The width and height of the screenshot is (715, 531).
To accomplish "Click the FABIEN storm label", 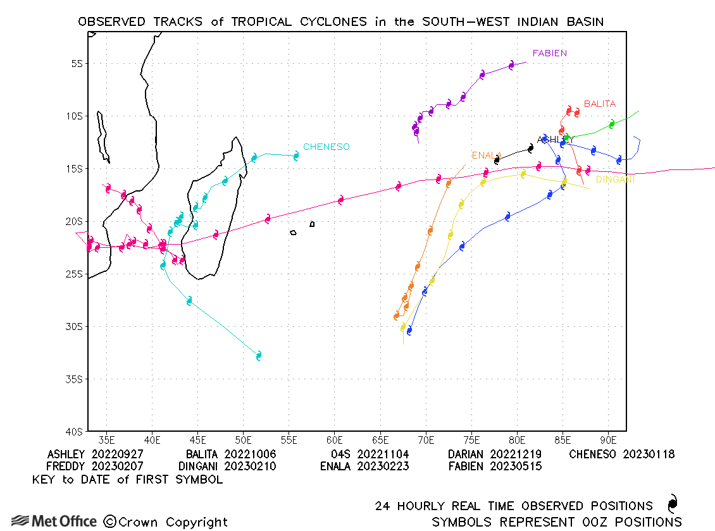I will [x=549, y=53].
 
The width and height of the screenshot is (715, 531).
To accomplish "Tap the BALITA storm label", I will [x=599, y=104].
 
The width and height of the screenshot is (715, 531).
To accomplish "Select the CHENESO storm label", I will [x=326, y=147].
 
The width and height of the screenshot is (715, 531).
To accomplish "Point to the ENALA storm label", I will [x=486, y=156].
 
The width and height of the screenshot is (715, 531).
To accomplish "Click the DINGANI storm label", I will [x=615, y=180].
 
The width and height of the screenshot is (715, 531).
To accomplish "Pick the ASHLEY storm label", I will [x=555, y=140].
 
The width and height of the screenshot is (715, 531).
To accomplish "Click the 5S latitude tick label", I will [x=77, y=63].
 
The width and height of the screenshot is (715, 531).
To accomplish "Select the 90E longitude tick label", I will [x=608, y=440].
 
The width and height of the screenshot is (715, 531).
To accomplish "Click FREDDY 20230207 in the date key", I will [x=95, y=467].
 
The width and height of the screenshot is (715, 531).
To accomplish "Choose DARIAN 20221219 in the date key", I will [x=494, y=454].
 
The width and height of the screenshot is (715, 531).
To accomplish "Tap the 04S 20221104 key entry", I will [x=370, y=454].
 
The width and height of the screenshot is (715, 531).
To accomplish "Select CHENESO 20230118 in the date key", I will [x=621, y=454].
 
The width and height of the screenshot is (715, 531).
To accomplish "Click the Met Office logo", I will [x=54, y=522].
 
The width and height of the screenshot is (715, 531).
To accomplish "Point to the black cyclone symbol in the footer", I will [x=672, y=504].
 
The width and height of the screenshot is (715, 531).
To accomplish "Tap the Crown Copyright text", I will [x=166, y=522].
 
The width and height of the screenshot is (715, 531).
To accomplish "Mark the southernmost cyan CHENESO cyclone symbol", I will [x=258, y=356].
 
